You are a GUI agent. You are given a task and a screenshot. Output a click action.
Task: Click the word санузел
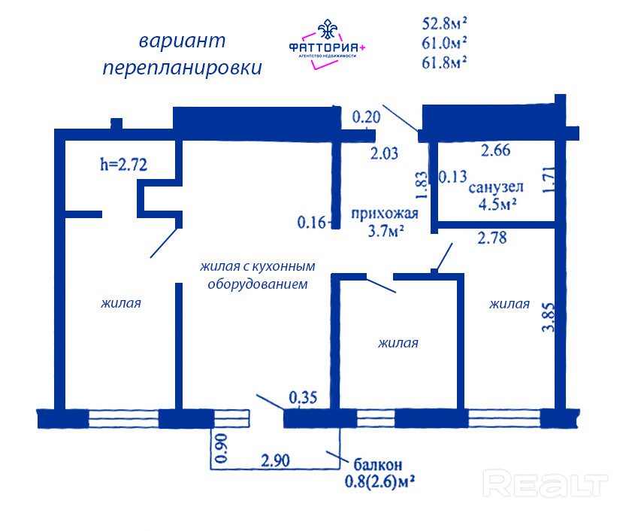pyautogui.click(x=496, y=187)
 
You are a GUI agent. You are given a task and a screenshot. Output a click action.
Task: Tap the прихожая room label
pyautogui.click(x=385, y=214)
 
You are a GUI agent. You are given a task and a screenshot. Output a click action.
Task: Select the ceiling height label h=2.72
pyautogui.click(x=123, y=165)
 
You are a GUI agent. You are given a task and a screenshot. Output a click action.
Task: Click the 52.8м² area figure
pyautogui.click(x=444, y=23)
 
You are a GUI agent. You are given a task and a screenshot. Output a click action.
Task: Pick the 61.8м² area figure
pyautogui.click(x=444, y=62)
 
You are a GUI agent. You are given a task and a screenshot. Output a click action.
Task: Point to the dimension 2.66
pyautogui.click(x=496, y=150)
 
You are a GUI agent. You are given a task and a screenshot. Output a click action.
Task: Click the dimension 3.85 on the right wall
pyautogui.click(x=549, y=317)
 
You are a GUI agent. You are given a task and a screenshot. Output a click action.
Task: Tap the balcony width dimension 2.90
pyautogui.click(x=276, y=460)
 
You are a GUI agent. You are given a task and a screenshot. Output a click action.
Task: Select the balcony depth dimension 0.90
pyautogui.click(x=221, y=448)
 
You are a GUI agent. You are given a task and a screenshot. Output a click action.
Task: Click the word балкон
pyautogui.click(x=378, y=465)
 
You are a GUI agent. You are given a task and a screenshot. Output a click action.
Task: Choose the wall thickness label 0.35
pyautogui.click(x=303, y=397)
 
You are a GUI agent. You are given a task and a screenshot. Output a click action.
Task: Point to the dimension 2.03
pyautogui.click(x=384, y=153)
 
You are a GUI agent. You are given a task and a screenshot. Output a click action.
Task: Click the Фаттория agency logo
pyautogui.click(x=327, y=44)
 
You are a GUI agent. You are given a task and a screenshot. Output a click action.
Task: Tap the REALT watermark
pyautogui.click(x=546, y=484)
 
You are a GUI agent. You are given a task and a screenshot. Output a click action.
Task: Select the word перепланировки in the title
pyautogui.click(x=183, y=68)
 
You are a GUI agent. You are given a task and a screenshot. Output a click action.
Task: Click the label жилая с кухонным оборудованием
pyautogui.click(x=258, y=275)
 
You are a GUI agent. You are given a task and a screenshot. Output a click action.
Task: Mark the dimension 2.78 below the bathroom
pyautogui.click(x=492, y=238)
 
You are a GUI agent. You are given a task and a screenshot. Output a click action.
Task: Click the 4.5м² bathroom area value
pyautogui.click(x=497, y=204)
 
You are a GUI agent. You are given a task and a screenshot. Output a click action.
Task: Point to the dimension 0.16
pyautogui.click(x=312, y=223)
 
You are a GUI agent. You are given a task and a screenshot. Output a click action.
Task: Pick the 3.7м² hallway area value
pyautogui.click(x=386, y=231)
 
